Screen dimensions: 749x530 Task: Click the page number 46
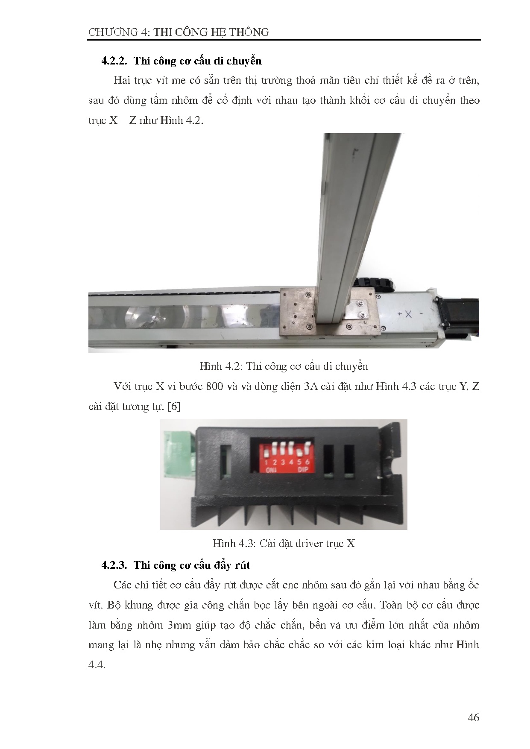(x=473, y=717)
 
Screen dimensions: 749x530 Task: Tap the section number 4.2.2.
(x=114, y=61)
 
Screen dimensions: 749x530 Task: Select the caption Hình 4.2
(x=284, y=366)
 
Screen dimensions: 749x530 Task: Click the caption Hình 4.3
(x=284, y=543)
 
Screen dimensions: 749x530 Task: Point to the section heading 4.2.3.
(x=176, y=565)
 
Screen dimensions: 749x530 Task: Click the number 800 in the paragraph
(x=214, y=386)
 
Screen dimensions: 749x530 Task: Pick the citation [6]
(x=174, y=407)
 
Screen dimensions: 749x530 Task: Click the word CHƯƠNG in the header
(x=113, y=32)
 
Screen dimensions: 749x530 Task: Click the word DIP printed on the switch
(x=302, y=470)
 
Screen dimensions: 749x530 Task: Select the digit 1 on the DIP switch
(x=266, y=462)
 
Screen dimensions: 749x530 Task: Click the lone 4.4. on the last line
(x=97, y=665)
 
